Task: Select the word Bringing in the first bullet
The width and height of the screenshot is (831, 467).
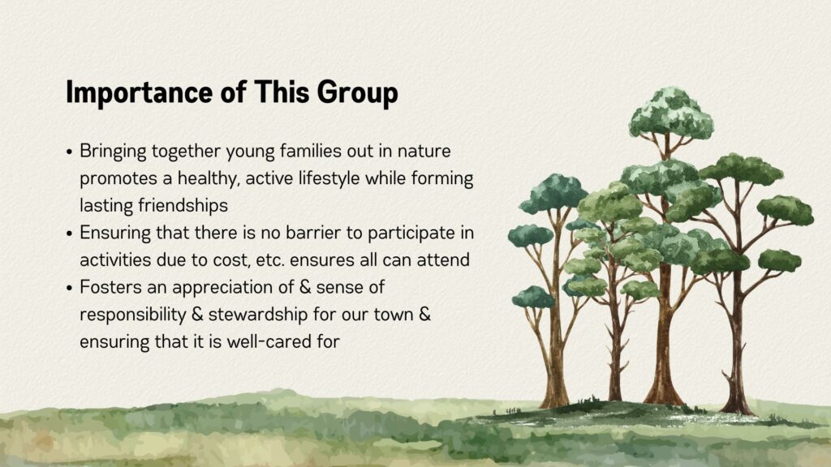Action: pyautogui.click(x=113, y=152)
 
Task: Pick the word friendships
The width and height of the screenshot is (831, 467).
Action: pyautogui.click(x=183, y=205)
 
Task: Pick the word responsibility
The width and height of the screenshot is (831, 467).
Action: pyautogui.click(x=133, y=315)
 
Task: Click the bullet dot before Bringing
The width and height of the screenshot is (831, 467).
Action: pyautogui.click(x=70, y=152)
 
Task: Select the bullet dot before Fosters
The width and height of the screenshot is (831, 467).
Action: pyautogui.click(x=70, y=289)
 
